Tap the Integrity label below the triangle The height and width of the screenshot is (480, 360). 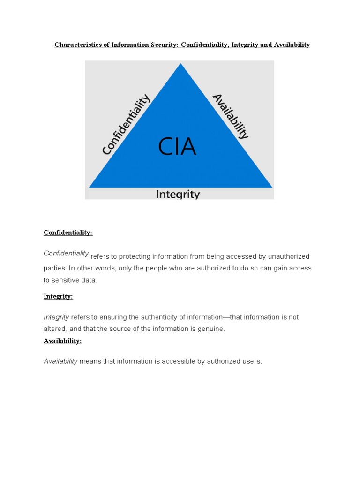tap(178, 194)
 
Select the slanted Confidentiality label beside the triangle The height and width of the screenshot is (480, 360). tap(126, 124)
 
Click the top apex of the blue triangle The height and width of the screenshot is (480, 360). tap(181, 64)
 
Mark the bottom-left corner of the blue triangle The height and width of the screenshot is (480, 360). tap(90, 187)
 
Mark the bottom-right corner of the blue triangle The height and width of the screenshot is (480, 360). tap(271, 187)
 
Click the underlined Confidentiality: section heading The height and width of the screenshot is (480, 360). tap(68, 232)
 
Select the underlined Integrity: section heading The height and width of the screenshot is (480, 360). tap(58, 296)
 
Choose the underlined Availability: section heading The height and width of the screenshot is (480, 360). tap(63, 341)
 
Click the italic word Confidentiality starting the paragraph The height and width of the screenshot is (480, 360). tap(66, 253)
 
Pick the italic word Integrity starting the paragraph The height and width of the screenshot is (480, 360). tap(56, 317)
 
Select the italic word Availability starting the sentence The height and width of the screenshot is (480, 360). tap(60, 361)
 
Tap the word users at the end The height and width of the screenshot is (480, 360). tap(252, 361)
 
